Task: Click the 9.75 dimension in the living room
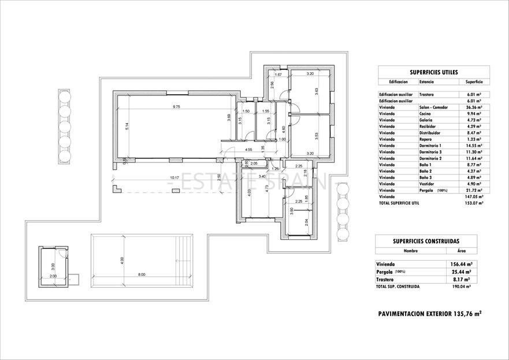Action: tap(176, 107)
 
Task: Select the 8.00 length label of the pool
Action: tap(142, 274)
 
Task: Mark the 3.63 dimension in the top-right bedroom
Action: tap(317, 91)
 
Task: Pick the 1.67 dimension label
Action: tap(277, 75)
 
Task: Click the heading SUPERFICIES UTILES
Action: tap(433, 72)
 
